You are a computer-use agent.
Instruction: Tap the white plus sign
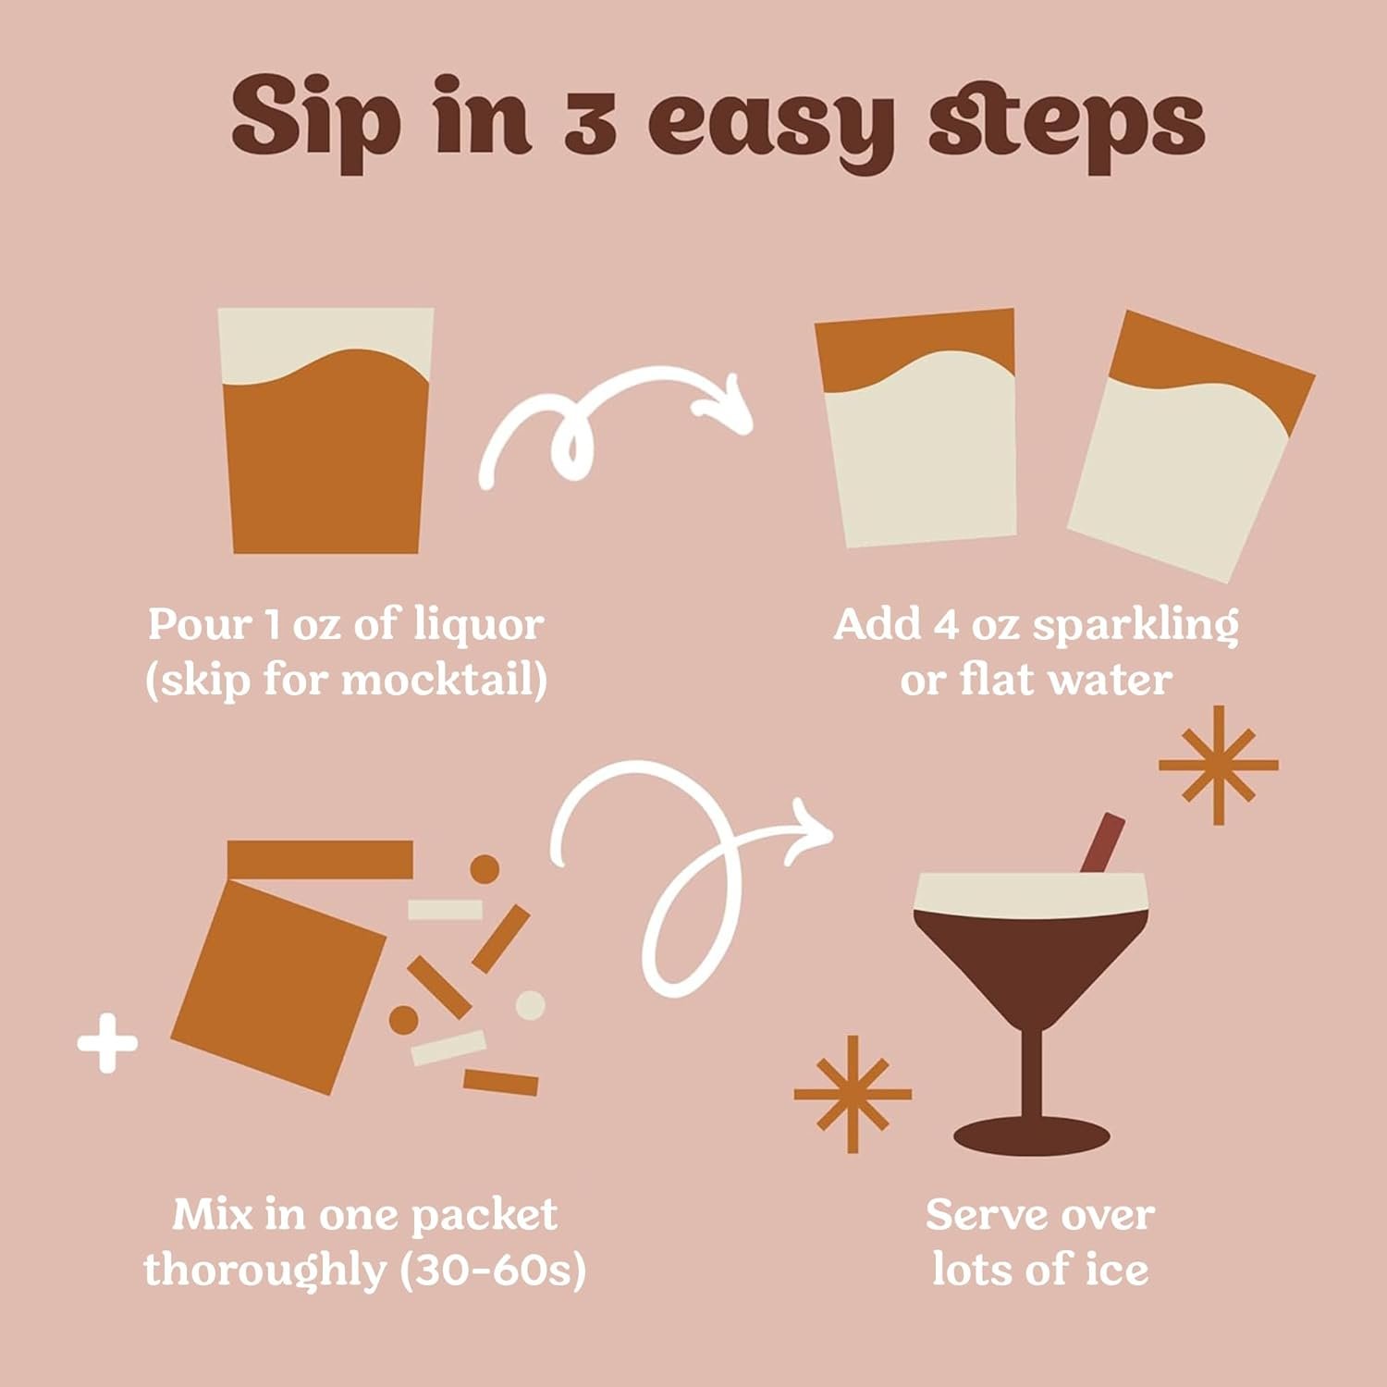pos(107,1044)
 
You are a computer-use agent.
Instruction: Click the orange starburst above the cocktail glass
pos(1219,765)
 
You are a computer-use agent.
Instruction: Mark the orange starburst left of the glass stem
pos(852,1094)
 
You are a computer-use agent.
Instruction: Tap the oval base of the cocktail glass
pos(1031,1136)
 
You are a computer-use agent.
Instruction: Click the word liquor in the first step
pos(478,624)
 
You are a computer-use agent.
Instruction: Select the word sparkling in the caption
pos(1135,626)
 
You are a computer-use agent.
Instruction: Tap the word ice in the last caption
pos(1117,1270)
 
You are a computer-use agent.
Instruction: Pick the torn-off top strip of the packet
pos(320,859)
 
